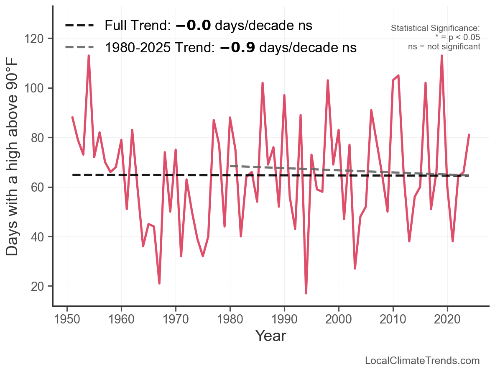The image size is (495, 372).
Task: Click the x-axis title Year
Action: point(270,336)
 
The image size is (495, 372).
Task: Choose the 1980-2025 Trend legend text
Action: point(230,48)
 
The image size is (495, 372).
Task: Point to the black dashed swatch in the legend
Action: point(79,26)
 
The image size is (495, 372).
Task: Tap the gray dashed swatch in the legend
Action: point(79,48)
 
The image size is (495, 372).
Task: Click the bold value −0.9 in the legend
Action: point(237,48)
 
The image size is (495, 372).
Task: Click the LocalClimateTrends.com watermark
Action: point(422,361)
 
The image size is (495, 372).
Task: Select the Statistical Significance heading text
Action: point(435,28)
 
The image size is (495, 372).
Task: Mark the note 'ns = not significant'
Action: point(444,46)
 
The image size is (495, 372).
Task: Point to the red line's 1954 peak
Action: point(89,56)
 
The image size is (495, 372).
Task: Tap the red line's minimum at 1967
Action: point(159,283)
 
